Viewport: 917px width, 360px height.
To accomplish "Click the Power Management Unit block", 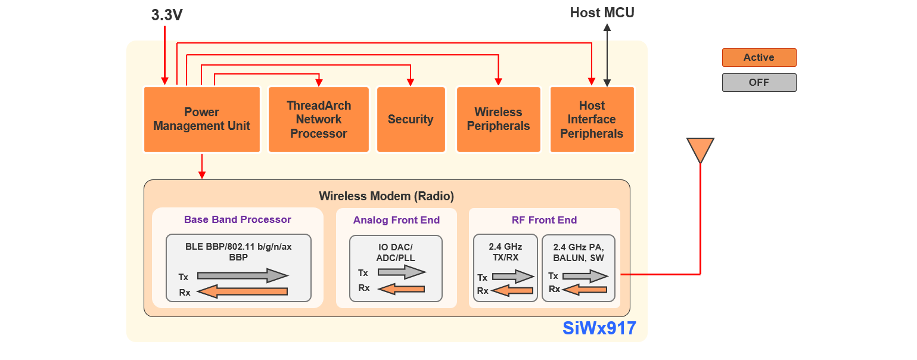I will [202, 119].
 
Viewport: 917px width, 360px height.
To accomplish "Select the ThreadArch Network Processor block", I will [319, 119].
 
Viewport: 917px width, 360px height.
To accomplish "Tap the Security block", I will [411, 119].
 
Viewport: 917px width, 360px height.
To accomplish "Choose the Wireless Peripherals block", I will [498, 119].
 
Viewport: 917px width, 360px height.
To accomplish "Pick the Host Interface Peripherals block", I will [592, 119].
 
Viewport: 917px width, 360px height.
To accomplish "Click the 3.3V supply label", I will [167, 15].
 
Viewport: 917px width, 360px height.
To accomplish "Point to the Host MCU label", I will [602, 13].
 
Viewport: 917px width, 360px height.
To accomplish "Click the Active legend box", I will [759, 58].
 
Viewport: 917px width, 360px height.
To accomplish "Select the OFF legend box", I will [759, 83].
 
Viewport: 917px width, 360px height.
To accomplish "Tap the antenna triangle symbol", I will [700, 148].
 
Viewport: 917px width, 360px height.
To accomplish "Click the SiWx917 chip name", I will [599, 328].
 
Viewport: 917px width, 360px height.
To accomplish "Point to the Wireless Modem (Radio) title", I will [386, 196].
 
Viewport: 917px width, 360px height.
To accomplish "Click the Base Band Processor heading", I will [237, 219].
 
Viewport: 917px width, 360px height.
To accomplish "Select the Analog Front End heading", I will [396, 220].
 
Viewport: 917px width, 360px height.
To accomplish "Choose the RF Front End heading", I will [544, 220].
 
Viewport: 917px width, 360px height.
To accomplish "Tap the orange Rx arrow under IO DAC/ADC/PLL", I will [402, 289].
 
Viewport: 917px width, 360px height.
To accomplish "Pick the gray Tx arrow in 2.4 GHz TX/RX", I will [513, 277].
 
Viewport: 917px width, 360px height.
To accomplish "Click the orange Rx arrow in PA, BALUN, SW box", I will [585, 290].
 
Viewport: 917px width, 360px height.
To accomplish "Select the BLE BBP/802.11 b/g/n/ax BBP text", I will [238, 252].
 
